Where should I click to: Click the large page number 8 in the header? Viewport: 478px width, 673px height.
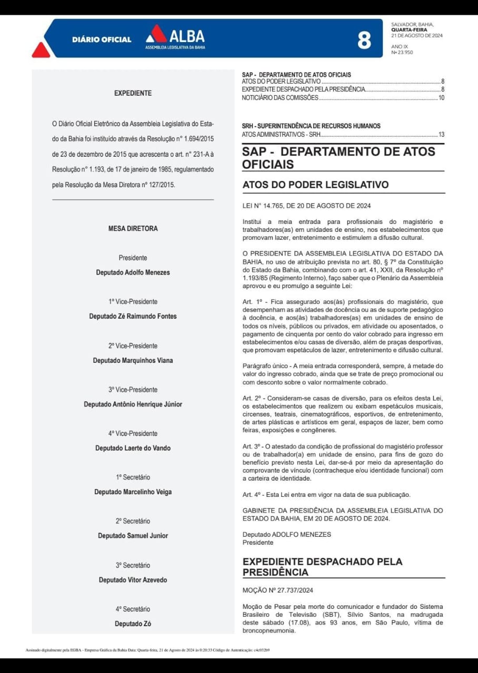[364, 40]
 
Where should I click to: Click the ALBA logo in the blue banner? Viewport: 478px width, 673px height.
[175, 37]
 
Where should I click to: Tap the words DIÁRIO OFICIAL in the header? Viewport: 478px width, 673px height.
[102, 40]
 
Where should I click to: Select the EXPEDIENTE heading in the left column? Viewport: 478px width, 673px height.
[133, 94]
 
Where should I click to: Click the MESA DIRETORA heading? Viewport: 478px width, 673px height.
[133, 229]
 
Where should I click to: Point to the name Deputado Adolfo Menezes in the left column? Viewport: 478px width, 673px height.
[133, 272]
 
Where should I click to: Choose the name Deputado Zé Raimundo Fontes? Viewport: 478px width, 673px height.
[133, 317]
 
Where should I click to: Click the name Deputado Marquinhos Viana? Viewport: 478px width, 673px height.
[133, 361]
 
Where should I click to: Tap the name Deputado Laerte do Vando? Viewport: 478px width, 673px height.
[133, 448]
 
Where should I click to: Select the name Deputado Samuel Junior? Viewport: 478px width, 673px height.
[133, 536]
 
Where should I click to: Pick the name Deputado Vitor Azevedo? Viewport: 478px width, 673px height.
[133, 580]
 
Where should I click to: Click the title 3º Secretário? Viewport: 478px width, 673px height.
[133, 565]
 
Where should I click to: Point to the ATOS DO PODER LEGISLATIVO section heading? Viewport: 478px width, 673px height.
[315, 185]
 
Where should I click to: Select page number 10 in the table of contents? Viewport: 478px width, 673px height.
[441, 98]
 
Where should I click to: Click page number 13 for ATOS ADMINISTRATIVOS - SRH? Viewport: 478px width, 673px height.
[441, 135]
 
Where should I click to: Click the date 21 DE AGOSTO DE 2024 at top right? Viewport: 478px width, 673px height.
[417, 36]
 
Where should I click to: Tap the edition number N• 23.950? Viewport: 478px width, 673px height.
[402, 53]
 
